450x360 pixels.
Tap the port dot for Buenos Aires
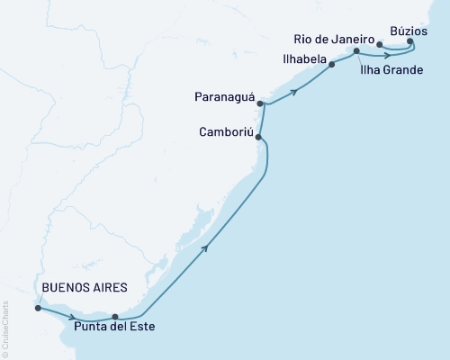point(38,308)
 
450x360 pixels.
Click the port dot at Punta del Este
point(115,316)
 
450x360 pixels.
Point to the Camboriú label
point(226,132)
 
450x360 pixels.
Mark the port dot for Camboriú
point(259,137)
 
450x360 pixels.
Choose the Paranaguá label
point(225,96)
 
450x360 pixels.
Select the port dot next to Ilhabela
point(332,64)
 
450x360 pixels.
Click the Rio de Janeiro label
point(335,40)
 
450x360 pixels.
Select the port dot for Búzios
point(410,40)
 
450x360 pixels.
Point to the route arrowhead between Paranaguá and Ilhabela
point(294,91)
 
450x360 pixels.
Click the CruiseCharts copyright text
point(5,328)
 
